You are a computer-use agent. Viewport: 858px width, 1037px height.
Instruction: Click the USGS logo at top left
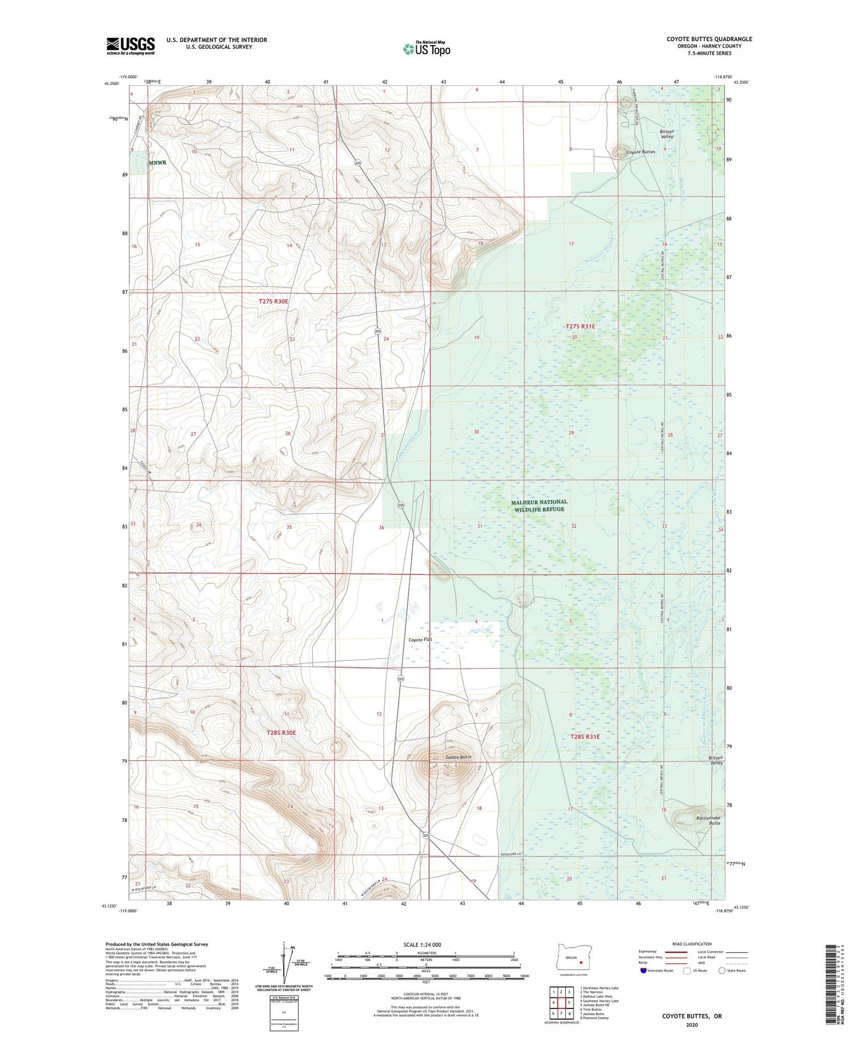pyautogui.click(x=130, y=46)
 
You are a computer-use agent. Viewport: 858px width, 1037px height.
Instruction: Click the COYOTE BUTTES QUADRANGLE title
pyautogui.click(x=709, y=39)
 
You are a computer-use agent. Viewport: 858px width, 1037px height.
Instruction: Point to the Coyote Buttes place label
pyautogui.click(x=641, y=152)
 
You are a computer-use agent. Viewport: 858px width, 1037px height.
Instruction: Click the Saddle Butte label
pyautogui.click(x=458, y=757)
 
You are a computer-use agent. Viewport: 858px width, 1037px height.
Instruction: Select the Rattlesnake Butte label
pyautogui.click(x=708, y=820)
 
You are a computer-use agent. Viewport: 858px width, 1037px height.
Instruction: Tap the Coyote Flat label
pyautogui.click(x=420, y=640)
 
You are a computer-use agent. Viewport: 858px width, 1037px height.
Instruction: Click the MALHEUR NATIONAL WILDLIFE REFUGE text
pyautogui.click(x=539, y=505)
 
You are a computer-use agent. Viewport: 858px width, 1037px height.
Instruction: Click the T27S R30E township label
pyautogui.click(x=273, y=302)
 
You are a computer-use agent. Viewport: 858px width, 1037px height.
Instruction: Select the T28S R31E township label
pyautogui.click(x=585, y=736)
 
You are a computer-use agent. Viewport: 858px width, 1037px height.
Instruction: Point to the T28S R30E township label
pyautogui.click(x=281, y=733)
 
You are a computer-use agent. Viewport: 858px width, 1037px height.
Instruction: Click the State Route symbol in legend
pyautogui.click(x=722, y=970)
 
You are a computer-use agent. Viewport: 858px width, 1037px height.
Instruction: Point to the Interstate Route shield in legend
pyautogui.click(x=644, y=970)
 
